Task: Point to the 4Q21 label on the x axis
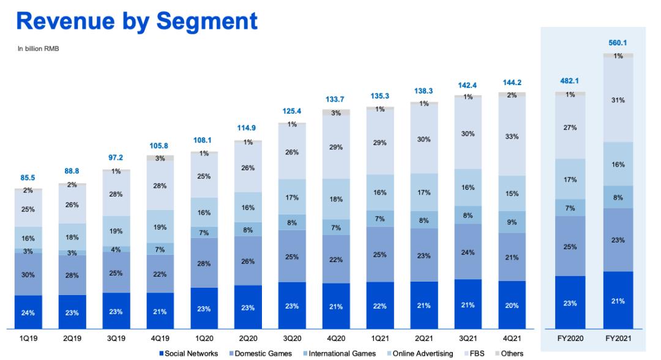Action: click(x=512, y=337)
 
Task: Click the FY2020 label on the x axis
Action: click(x=569, y=337)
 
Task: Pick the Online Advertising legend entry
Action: click(x=423, y=353)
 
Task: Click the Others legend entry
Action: click(x=510, y=353)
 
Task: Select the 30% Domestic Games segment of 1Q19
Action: click(x=28, y=275)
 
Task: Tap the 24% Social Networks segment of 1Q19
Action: click(x=28, y=313)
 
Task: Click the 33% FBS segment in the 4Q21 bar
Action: click(x=512, y=137)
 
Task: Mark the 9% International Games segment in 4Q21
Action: click(x=512, y=222)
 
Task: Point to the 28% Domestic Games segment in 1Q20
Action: click(x=204, y=263)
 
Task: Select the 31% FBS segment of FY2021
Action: click(x=618, y=100)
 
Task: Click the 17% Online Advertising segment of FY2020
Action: click(x=570, y=179)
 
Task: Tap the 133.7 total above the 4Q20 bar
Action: click(x=336, y=100)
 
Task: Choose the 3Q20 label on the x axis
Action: click(x=292, y=337)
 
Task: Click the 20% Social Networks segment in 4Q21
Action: click(x=512, y=306)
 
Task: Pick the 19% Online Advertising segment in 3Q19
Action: click(x=116, y=231)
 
